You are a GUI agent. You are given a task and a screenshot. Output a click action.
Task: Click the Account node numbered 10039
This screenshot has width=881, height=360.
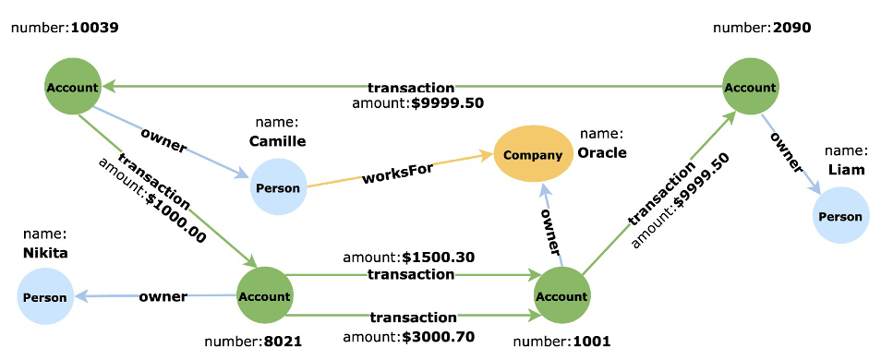coord(72,88)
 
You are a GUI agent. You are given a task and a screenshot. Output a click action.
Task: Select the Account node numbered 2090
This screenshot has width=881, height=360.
coord(750,87)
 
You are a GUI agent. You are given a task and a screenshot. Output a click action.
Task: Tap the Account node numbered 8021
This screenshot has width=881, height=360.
coord(264,296)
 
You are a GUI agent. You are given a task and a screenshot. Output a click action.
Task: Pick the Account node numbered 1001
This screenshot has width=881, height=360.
coord(561,296)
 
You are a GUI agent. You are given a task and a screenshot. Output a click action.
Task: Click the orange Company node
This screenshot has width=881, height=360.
coord(533,154)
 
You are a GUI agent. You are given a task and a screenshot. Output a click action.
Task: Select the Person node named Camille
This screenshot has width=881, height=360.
coord(277,187)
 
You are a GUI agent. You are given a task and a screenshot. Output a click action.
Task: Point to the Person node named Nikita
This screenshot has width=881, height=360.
coord(45,297)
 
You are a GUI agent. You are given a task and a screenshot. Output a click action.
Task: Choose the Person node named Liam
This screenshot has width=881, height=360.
coord(840,216)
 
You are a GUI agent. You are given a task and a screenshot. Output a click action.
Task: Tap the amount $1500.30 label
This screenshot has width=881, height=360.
coord(408,257)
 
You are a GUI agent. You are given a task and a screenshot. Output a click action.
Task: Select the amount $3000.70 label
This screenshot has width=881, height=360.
coord(408,337)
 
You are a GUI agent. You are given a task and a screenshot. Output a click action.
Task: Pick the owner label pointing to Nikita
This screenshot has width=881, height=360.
coord(163,296)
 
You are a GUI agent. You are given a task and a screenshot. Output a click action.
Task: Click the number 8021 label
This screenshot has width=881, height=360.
coord(253,341)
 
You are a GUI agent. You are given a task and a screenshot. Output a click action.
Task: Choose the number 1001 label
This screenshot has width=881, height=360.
coord(561,341)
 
